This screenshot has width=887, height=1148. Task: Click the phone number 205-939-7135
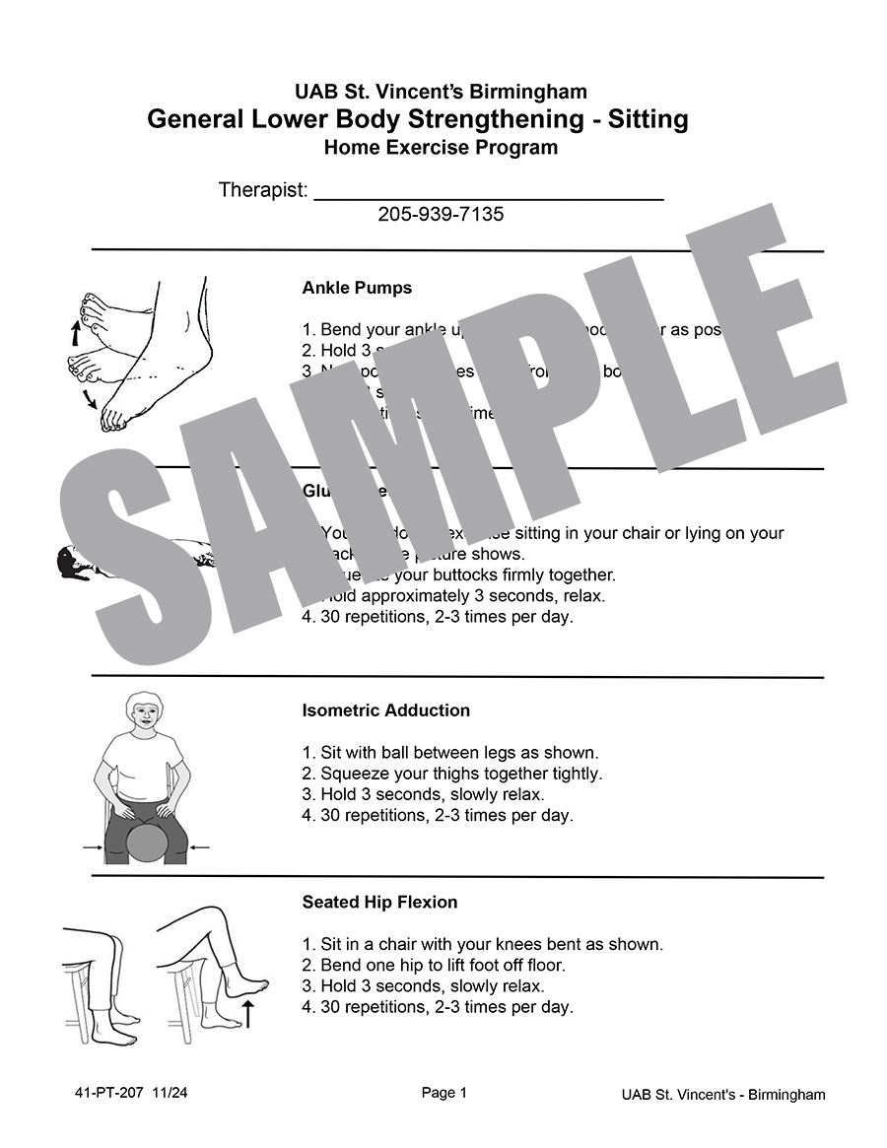[x=441, y=214]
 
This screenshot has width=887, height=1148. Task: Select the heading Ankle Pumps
[x=357, y=289]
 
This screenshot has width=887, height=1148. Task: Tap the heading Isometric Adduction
[x=385, y=710]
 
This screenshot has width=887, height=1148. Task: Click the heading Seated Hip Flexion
[x=379, y=902]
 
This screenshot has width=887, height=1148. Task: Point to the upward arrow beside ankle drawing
[x=75, y=332]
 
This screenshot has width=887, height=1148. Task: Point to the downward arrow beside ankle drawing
[x=90, y=397]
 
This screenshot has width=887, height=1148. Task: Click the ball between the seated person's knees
[x=147, y=844]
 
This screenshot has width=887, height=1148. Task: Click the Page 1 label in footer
[x=444, y=1093]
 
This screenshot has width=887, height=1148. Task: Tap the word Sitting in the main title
[x=648, y=120]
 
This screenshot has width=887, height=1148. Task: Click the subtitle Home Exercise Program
[x=441, y=148]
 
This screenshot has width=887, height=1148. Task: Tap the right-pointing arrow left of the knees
[x=95, y=846]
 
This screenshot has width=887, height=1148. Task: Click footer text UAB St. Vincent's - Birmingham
[x=723, y=1095]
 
